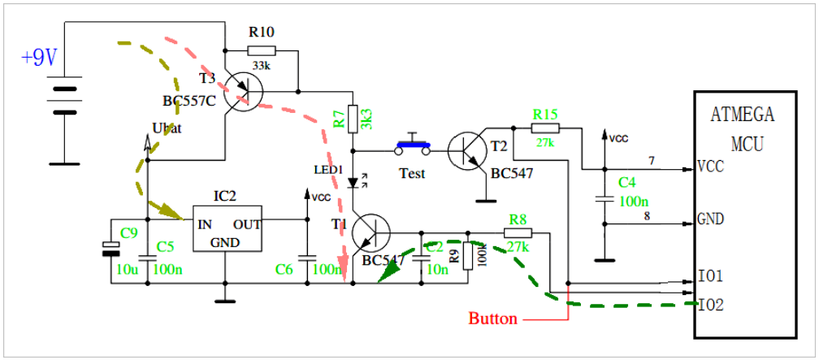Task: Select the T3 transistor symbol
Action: pos(242,89)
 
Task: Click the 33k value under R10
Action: pos(261,66)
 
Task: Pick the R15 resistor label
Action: pos(544,114)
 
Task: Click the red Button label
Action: pos(492,319)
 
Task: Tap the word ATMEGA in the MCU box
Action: pos(743,115)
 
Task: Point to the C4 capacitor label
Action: pos(626,183)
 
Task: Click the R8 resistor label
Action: pos(518,219)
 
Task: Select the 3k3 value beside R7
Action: pos(366,118)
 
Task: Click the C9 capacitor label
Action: pos(129,233)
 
